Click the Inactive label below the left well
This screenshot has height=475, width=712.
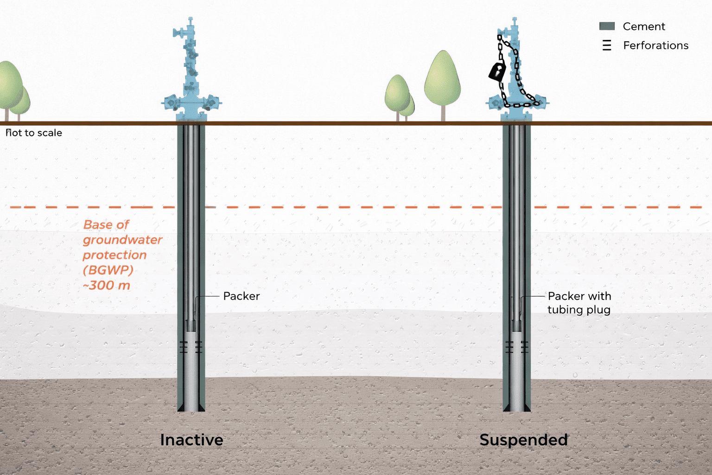pyautogui.click(x=191, y=440)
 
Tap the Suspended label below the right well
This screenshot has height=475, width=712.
pyautogui.click(x=523, y=440)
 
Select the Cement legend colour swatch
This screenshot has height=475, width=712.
pyautogui.click(x=607, y=26)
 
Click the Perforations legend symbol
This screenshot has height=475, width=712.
pyautogui.click(x=607, y=45)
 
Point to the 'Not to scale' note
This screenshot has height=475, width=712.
pyautogui.click(x=34, y=133)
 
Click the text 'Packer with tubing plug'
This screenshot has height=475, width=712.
pyautogui.click(x=579, y=302)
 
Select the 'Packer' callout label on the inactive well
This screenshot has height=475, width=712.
pyautogui.click(x=241, y=296)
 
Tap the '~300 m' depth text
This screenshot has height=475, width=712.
pyautogui.click(x=107, y=285)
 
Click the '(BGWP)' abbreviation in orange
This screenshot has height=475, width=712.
pyautogui.click(x=108, y=270)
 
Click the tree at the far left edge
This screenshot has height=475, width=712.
pyautogui.click(x=9, y=88)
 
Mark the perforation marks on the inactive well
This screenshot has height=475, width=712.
pyautogui.click(x=191, y=347)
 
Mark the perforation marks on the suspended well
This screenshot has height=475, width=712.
pyautogui.click(x=517, y=347)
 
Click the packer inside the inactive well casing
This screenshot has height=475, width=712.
pyautogui.click(x=191, y=325)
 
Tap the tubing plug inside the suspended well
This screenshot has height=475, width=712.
pyautogui.click(x=516, y=325)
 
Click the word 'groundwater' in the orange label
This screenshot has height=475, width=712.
pyautogui.click(x=122, y=240)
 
